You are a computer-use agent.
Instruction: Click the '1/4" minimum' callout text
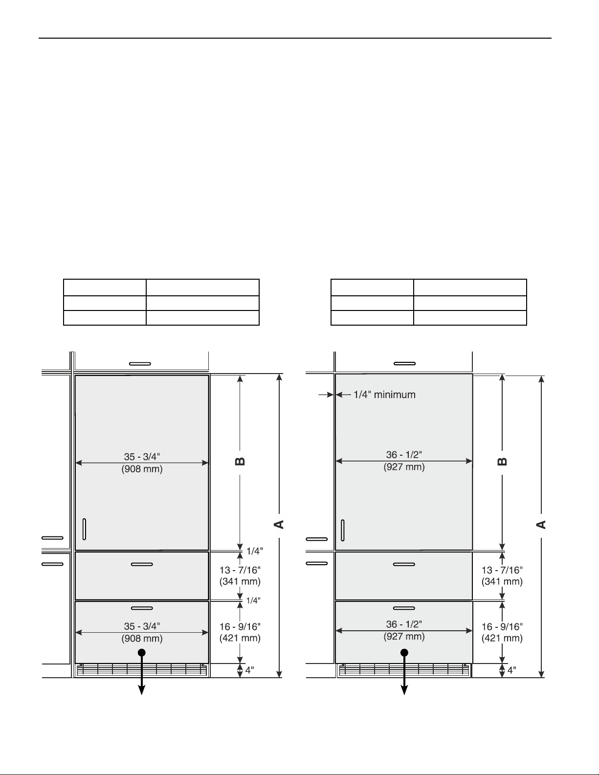384,395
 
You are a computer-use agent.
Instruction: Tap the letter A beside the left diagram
279,524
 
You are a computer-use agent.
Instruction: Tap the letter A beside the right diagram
541,525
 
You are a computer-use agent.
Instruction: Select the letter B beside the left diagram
240,462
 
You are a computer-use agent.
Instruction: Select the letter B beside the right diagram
502,462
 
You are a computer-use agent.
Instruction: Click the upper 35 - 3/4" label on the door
142,457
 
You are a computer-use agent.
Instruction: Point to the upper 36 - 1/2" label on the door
404,455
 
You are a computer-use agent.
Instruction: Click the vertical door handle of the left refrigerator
84,529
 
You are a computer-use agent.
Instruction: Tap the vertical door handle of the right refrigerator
343,530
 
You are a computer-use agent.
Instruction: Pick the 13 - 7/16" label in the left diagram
240,570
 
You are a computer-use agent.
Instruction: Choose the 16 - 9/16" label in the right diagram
502,627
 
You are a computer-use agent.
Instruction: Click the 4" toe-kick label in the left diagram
249,670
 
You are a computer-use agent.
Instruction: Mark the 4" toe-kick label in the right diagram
511,670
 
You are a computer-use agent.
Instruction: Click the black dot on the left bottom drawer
141,653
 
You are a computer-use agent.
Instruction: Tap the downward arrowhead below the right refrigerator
404,690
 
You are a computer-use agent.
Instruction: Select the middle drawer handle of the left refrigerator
142,564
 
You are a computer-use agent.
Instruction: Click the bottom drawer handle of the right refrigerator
404,608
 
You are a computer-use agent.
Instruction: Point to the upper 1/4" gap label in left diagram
255,551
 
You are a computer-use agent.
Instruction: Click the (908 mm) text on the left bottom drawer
142,639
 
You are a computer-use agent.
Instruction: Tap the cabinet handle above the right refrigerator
405,363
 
